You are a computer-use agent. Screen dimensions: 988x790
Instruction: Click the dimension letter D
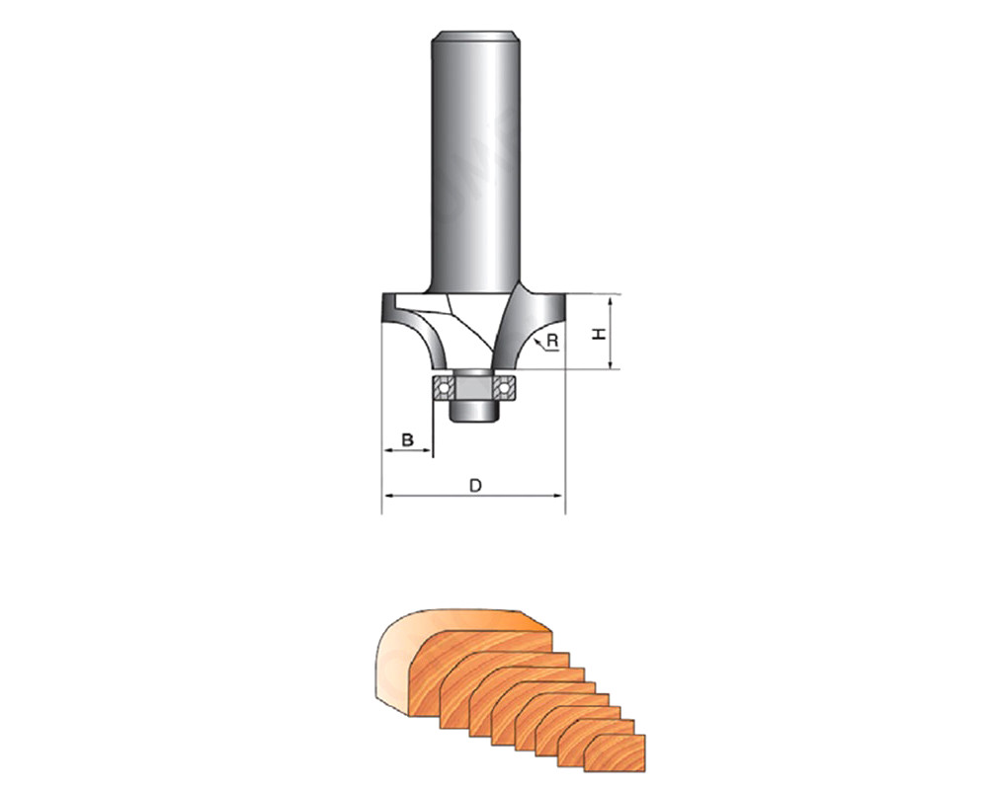(476, 486)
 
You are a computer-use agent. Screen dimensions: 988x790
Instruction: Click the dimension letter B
(408, 439)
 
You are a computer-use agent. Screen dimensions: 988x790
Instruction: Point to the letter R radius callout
(552, 341)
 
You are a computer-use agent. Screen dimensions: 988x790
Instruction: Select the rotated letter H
(600, 333)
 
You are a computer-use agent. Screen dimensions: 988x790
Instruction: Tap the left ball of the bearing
(445, 388)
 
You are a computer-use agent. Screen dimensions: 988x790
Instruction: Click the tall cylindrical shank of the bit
(475, 163)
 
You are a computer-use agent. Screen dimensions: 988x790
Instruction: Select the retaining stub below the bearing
(474, 412)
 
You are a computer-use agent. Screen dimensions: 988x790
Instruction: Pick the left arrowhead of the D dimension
(388, 496)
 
